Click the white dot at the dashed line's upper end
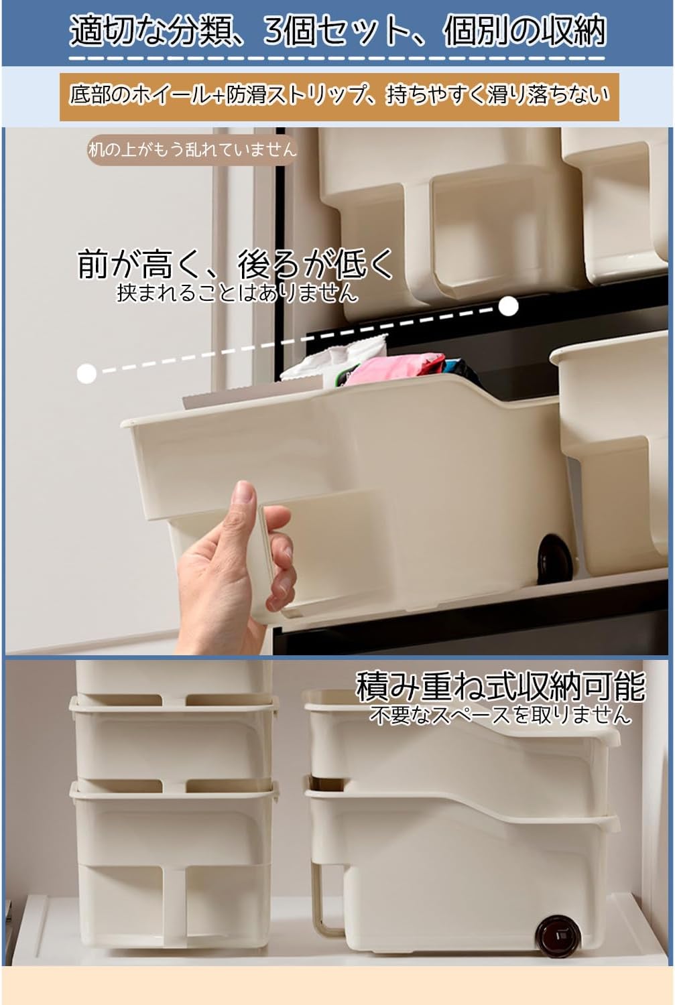(x=509, y=306)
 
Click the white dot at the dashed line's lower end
(x=86, y=373)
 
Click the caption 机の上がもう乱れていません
(x=192, y=150)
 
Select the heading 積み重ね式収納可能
(x=501, y=687)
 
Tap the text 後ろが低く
(x=316, y=265)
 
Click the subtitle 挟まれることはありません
(x=237, y=293)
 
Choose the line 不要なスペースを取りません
(x=501, y=715)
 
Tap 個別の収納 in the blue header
(x=524, y=31)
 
